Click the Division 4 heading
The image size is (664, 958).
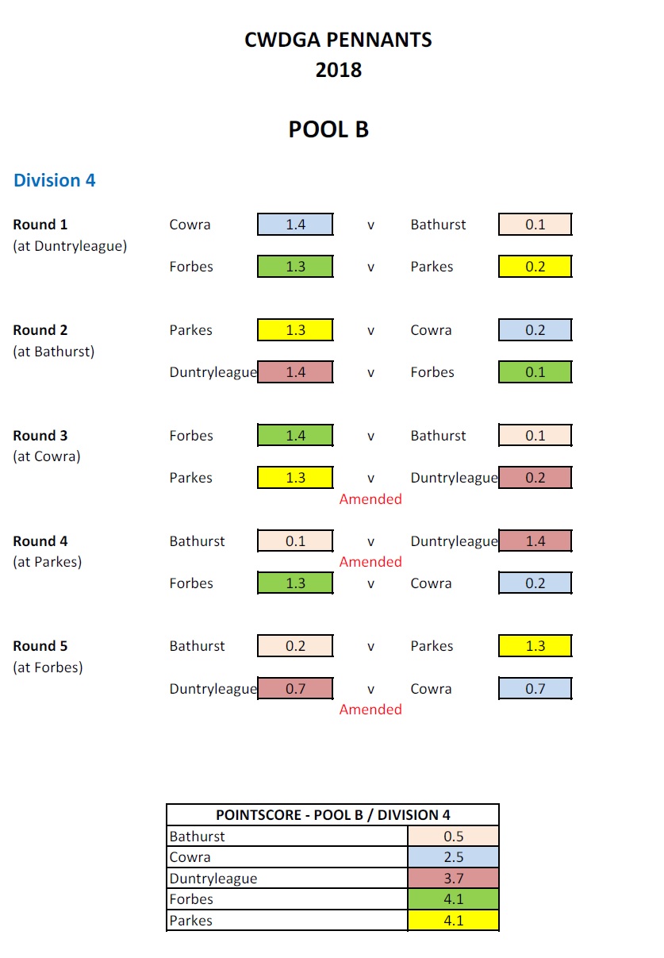pyautogui.click(x=54, y=180)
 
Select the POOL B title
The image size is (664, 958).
pyautogui.click(x=328, y=129)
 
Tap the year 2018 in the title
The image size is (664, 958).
pyautogui.click(x=338, y=70)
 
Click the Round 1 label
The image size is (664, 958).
pyautogui.click(x=40, y=225)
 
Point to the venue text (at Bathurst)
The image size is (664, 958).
pyautogui.click(x=53, y=351)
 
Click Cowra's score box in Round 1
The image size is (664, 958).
pyautogui.click(x=295, y=225)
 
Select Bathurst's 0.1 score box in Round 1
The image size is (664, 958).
pyautogui.click(x=535, y=225)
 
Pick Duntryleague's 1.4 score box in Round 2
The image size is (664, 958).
pyautogui.click(x=295, y=372)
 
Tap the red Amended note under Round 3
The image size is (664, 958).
pyautogui.click(x=370, y=499)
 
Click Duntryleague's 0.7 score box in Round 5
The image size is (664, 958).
pyautogui.click(x=295, y=689)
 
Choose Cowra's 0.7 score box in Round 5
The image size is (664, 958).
pyautogui.click(x=535, y=689)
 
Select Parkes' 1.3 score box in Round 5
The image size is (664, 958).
pyautogui.click(x=535, y=646)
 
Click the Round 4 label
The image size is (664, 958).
pyautogui.click(x=40, y=541)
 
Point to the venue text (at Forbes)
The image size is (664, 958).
pyautogui.click(x=48, y=668)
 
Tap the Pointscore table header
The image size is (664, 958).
pyautogui.click(x=332, y=815)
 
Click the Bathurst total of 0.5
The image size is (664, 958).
pyautogui.click(x=453, y=837)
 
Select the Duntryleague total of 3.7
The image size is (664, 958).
pyautogui.click(x=453, y=879)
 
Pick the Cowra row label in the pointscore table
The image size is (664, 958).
pyautogui.click(x=190, y=857)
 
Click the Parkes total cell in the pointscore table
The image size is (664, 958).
pyautogui.click(x=453, y=921)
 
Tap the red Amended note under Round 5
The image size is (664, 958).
pyautogui.click(x=370, y=710)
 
